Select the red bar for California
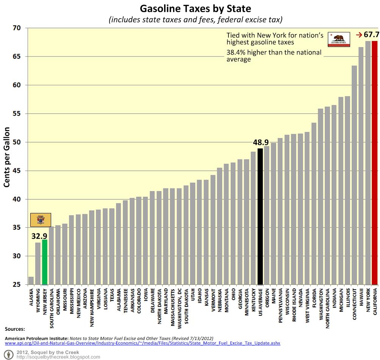pyautogui.click(x=375, y=163)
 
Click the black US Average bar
pyautogui.click(x=260, y=216)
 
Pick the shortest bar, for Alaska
pyautogui.click(x=31, y=281)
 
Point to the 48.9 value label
pyautogui.click(x=261, y=142)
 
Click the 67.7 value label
pyautogui.click(x=372, y=35)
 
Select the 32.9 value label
pyautogui.click(x=39, y=236)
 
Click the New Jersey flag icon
pyautogui.click(x=41, y=219)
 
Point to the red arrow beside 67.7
pyautogui.click(x=359, y=35)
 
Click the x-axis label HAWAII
pyautogui.click(x=361, y=299)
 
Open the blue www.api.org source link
pyautogui.click(x=142, y=343)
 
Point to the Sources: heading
pyautogui.click(x=15, y=329)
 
